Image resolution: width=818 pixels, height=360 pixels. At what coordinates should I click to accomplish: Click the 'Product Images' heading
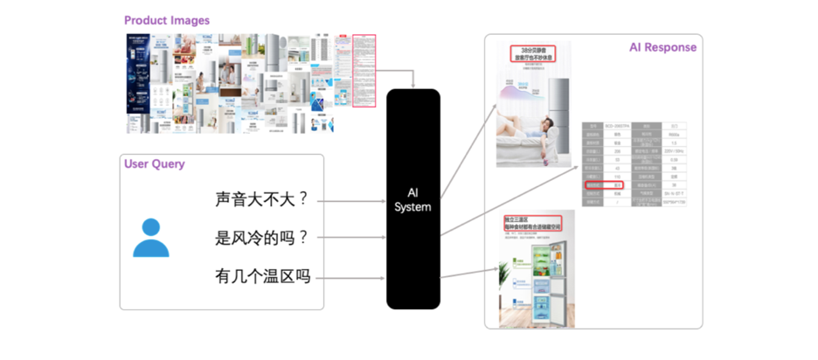click(x=166, y=20)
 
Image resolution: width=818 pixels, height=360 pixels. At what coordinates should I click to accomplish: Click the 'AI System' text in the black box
click(x=413, y=199)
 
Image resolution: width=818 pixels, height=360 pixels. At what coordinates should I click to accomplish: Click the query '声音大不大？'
click(x=262, y=199)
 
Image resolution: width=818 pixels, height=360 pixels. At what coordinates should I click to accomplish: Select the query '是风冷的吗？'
click(x=262, y=238)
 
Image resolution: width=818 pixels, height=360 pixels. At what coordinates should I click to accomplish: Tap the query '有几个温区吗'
click(x=262, y=278)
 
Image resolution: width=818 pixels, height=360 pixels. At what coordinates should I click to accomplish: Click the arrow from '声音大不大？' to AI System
click(x=350, y=200)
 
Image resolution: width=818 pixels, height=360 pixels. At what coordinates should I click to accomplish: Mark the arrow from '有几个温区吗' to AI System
click(x=350, y=279)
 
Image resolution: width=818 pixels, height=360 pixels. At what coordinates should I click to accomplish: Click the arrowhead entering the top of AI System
click(x=413, y=86)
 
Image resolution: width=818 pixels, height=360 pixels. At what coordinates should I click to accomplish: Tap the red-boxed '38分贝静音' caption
click(x=533, y=55)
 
